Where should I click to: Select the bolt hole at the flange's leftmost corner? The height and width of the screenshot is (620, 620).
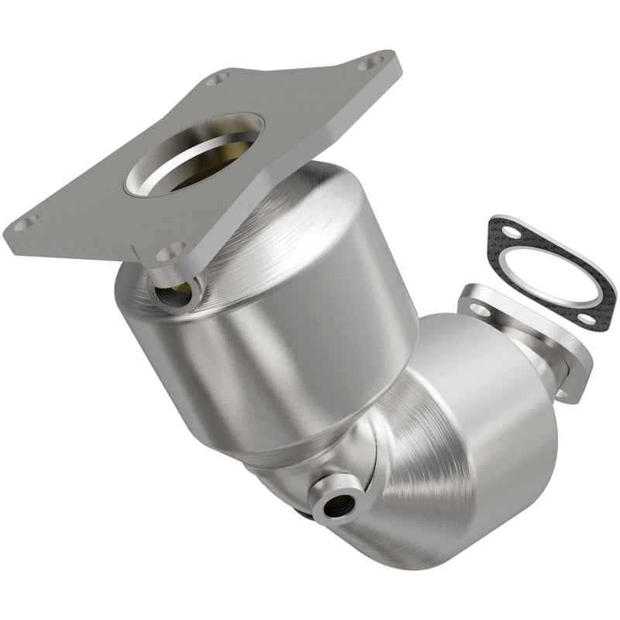(x=24, y=224)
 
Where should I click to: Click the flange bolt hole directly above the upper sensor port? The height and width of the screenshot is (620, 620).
(x=170, y=253)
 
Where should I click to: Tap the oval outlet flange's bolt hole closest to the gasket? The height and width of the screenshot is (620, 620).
(x=480, y=309)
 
